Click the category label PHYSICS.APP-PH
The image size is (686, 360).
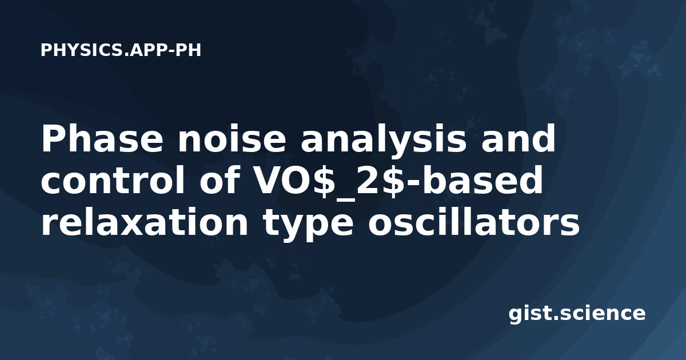coord(121,50)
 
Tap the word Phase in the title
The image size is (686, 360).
coord(102,139)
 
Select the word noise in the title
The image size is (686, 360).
coord(232,139)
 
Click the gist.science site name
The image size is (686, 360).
coord(577,314)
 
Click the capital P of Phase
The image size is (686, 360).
coord(53,139)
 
